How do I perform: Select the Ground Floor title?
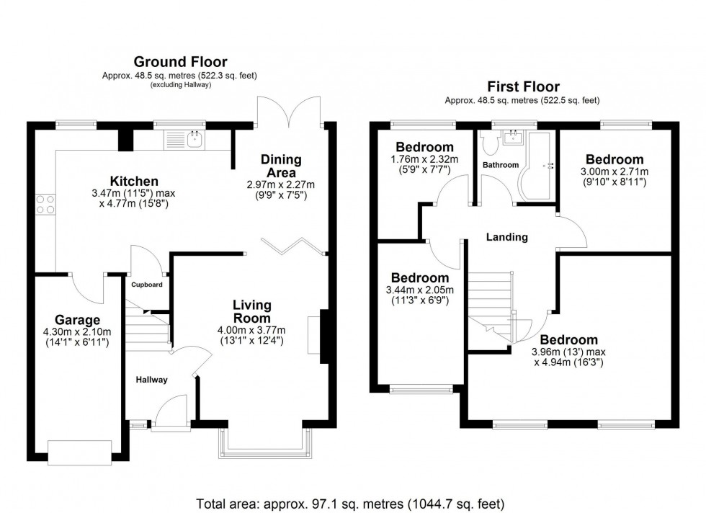point(179,62)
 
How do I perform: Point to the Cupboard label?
point(146,285)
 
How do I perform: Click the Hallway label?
point(151,380)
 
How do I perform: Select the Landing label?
point(506,236)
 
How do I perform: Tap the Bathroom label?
point(500,165)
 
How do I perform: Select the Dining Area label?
point(281,166)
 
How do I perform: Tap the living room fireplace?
point(316,334)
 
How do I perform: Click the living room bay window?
point(266,441)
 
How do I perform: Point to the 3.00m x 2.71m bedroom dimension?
point(614,171)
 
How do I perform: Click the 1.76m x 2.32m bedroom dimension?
point(419,160)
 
